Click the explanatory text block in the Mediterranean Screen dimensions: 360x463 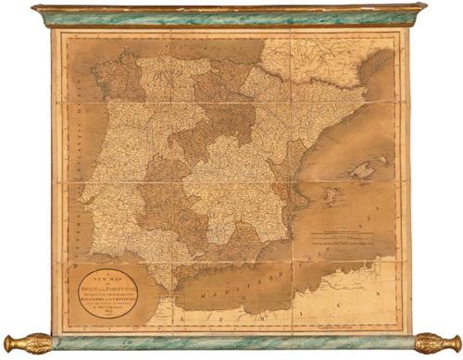[x=346, y=236]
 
